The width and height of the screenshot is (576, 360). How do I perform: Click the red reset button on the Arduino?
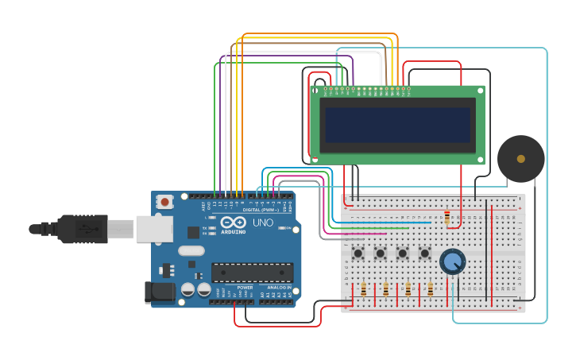coord(164,202)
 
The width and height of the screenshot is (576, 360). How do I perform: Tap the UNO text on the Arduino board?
coord(263,223)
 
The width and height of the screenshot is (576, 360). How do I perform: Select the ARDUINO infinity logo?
coord(233,223)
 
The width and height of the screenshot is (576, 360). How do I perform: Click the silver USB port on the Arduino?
coord(154,229)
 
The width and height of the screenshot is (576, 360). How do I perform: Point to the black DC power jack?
coord(160,292)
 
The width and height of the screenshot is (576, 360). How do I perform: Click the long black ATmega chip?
coord(252,273)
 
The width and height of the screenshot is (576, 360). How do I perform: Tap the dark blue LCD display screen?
coord(397,125)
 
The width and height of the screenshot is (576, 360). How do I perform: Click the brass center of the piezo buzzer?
coord(520,159)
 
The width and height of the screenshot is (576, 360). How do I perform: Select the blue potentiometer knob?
coord(452,261)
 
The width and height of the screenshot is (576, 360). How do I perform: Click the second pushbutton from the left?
coord(381,254)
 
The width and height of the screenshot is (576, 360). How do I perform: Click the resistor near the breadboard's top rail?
coord(447,217)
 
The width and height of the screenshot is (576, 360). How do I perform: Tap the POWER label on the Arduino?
coord(245,288)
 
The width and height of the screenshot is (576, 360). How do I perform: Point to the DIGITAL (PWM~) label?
coord(260,209)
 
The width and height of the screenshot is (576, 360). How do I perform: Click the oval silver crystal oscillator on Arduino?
coord(191,251)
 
